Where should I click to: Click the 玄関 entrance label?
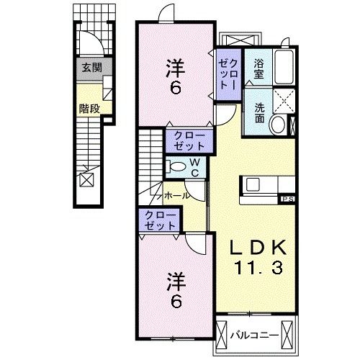click(91, 70)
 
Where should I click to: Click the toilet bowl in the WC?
click(174, 166)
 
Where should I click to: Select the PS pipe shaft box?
click(287, 198)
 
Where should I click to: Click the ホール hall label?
click(177, 195)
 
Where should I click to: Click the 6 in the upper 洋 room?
click(175, 91)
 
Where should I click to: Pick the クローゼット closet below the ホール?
click(161, 220)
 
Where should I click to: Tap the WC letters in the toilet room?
click(194, 167)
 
